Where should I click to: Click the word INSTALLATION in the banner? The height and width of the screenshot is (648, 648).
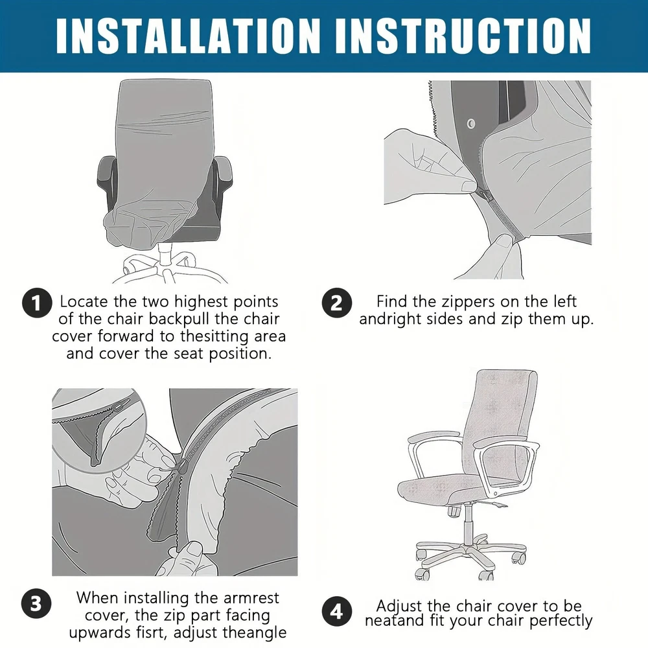point(188,36)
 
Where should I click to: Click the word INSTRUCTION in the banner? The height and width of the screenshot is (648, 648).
point(463,36)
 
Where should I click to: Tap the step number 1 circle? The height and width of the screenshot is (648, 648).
point(37,303)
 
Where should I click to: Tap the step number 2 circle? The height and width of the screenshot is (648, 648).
point(337,303)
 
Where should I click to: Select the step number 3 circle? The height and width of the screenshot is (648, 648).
point(36,604)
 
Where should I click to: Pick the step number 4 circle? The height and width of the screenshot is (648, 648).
point(337,611)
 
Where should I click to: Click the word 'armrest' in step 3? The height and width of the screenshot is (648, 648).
point(251,598)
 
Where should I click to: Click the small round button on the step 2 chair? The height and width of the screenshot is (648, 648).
point(470,124)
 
